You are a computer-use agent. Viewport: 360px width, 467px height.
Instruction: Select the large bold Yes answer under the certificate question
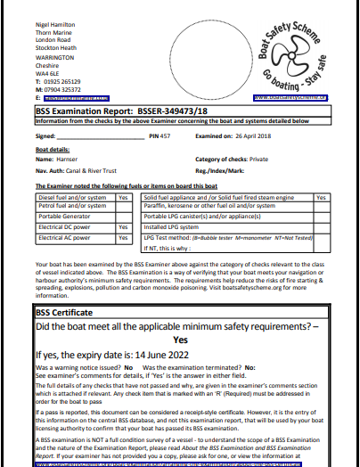(180, 340)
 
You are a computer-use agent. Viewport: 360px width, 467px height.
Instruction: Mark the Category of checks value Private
(258, 158)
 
